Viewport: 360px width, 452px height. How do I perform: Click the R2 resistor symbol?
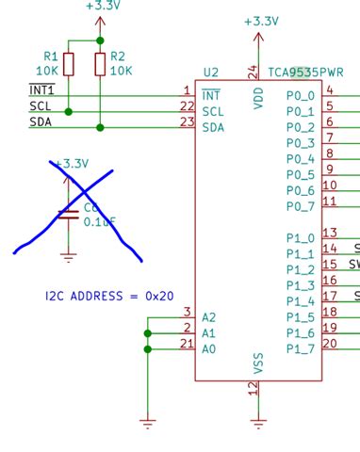click(x=100, y=63)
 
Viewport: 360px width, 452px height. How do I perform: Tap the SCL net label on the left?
click(x=41, y=106)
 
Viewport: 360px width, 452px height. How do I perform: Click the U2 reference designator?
click(x=210, y=73)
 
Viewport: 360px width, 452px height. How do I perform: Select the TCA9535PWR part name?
click(x=305, y=72)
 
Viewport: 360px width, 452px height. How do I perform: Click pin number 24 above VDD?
click(x=253, y=72)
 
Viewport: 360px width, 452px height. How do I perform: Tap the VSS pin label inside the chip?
click(x=258, y=363)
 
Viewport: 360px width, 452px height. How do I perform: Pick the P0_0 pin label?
click(x=301, y=95)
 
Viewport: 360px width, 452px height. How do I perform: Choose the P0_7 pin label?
click(x=301, y=206)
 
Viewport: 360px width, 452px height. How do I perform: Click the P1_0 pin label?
click(x=301, y=238)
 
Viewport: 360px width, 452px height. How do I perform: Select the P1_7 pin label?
click(x=301, y=350)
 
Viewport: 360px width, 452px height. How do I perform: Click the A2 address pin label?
click(x=209, y=317)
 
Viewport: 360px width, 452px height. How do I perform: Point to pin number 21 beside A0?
click(x=186, y=344)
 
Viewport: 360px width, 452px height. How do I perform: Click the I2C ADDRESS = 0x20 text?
click(x=109, y=296)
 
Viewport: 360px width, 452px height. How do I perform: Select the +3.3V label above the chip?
click(x=261, y=21)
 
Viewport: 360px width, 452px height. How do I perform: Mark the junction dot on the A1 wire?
click(x=147, y=333)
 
